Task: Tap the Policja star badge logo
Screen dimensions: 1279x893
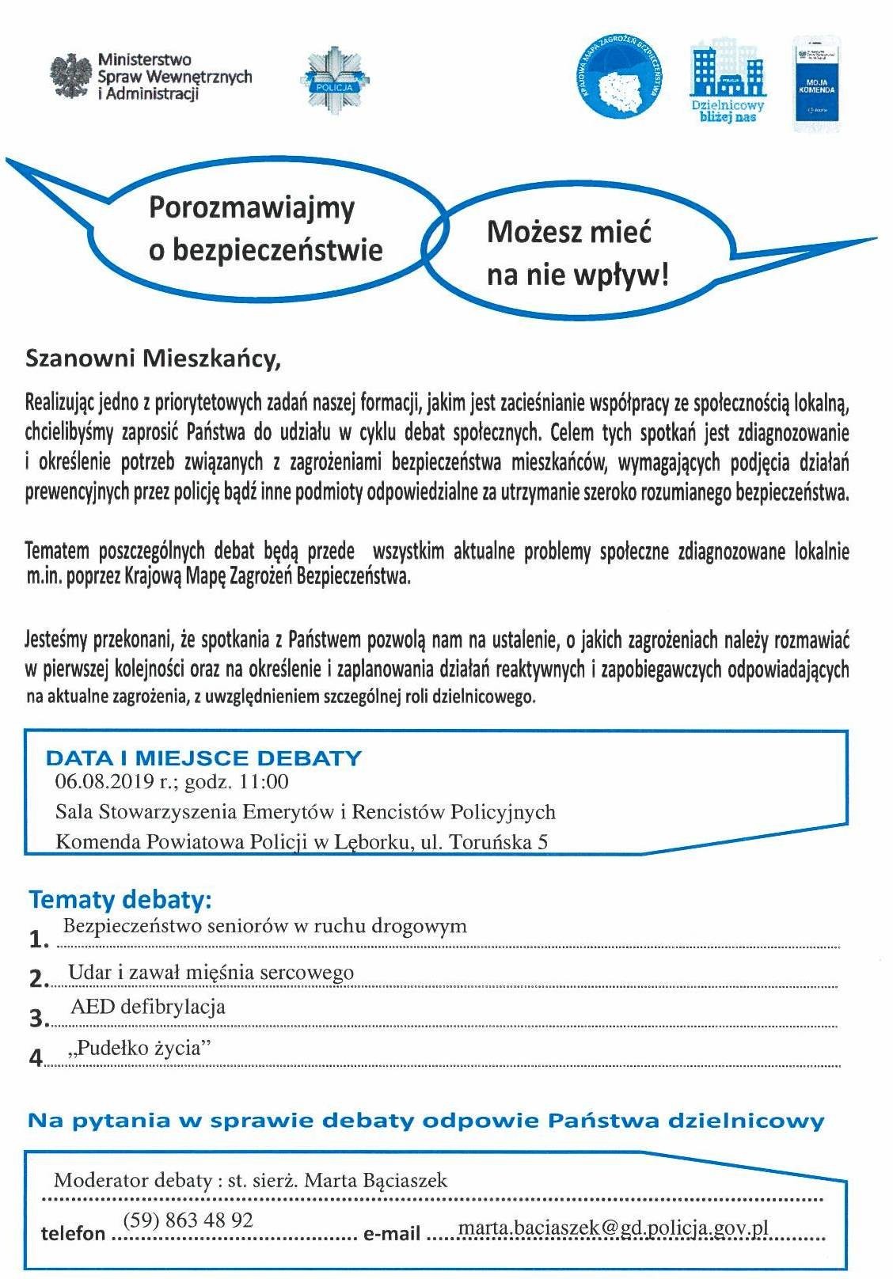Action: click(x=335, y=78)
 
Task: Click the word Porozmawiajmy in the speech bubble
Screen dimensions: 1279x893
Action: click(x=252, y=208)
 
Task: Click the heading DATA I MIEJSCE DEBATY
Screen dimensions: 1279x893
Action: click(x=203, y=757)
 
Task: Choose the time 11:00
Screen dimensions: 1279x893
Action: click(x=264, y=782)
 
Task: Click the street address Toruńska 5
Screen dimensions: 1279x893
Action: click(x=498, y=841)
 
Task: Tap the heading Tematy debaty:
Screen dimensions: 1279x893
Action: click(x=121, y=900)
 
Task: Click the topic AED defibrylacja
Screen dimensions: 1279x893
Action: click(x=148, y=1007)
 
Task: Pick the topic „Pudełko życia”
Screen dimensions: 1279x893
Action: click(x=142, y=1048)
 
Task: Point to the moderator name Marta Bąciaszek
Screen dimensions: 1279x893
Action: click(x=375, y=1181)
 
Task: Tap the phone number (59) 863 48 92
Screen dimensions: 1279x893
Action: click(x=188, y=1220)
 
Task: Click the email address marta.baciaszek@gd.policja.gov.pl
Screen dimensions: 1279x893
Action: click(x=614, y=1228)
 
